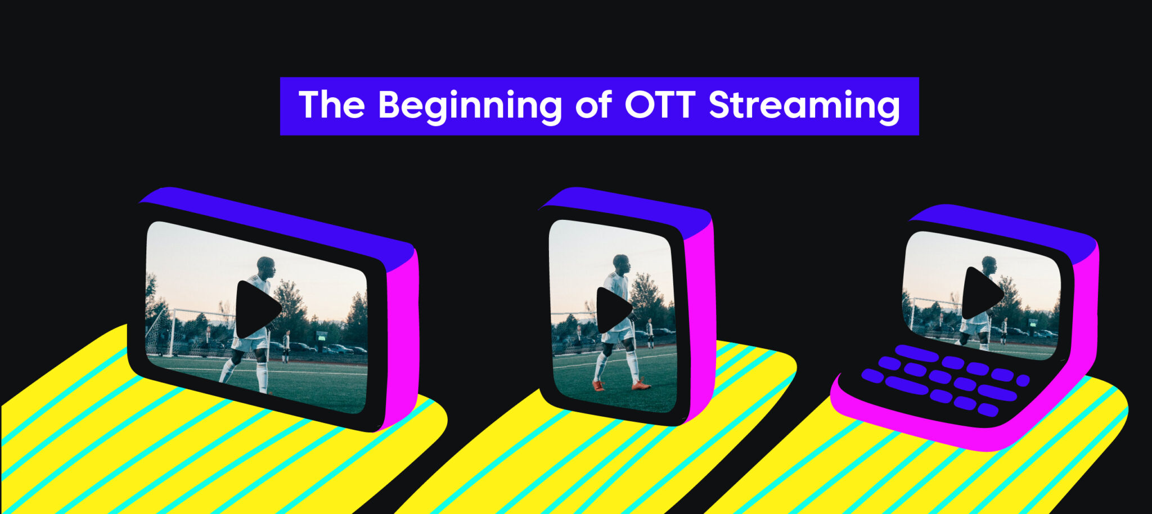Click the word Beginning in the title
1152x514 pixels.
click(470, 106)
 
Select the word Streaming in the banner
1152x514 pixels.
click(804, 106)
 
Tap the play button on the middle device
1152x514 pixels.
click(612, 310)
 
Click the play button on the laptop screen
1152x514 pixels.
click(980, 293)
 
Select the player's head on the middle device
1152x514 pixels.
click(620, 263)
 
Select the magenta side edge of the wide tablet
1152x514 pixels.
click(404, 337)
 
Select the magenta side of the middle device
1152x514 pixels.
click(700, 321)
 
